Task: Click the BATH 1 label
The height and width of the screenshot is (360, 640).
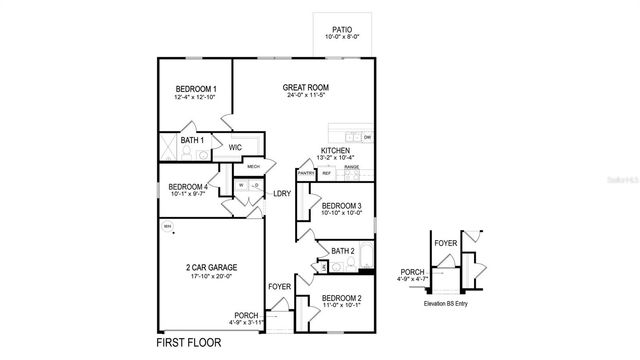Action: click(x=192, y=141)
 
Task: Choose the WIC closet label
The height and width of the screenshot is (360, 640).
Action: click(x=235, y=147)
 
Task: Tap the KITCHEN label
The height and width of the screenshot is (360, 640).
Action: click(x=336, y=150)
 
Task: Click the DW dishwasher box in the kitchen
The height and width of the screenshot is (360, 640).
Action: click(x=367, y=137)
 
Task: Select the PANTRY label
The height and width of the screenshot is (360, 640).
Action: click(x=306, y=173)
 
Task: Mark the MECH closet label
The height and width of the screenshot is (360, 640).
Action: click(x=254, y=167)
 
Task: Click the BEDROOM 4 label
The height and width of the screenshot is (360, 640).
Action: click(x=188, y=187)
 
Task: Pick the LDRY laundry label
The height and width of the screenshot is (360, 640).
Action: click(x=282, y=193)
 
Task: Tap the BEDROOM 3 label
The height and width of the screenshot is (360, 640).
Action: click(x=342, y=205)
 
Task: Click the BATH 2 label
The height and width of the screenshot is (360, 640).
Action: click(x=343, y=251)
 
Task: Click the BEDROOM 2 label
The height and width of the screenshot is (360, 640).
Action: click(x=342, y=298)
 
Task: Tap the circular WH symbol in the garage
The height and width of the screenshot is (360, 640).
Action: click(x=167, y=226)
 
